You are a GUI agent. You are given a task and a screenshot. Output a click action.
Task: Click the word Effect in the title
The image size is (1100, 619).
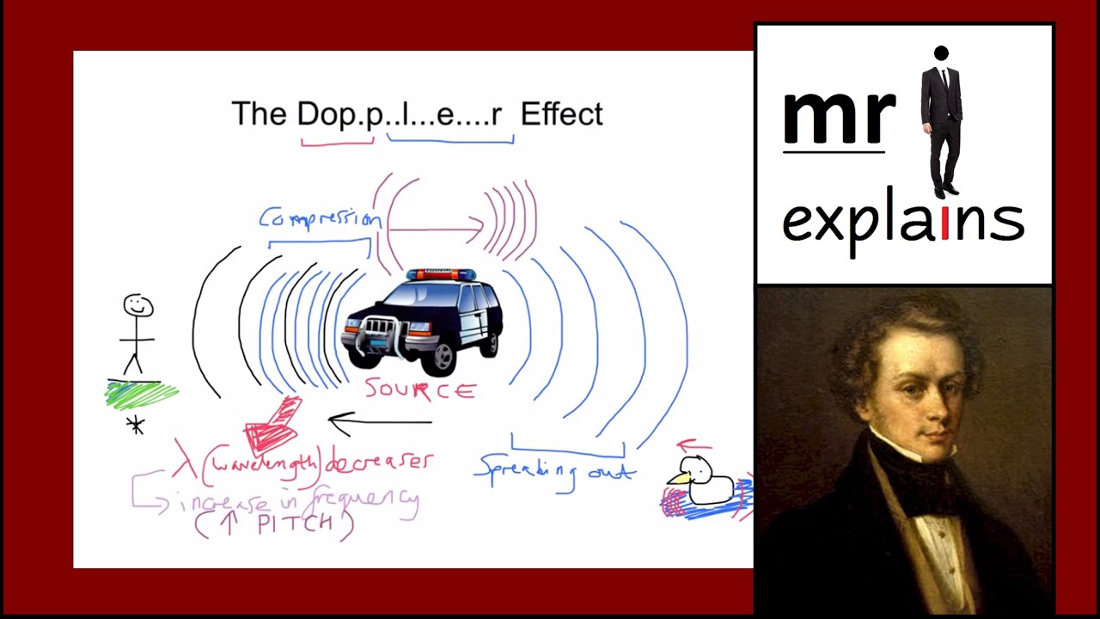coord(561,114)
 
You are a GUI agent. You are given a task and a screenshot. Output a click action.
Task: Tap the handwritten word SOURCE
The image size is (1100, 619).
coord(420,390)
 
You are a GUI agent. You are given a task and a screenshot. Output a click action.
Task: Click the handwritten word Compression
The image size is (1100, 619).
coord(320,218)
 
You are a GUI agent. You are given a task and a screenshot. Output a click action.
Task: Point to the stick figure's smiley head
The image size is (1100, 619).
coord(138,306)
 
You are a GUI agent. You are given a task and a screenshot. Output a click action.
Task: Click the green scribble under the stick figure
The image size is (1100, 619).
coord(140,395)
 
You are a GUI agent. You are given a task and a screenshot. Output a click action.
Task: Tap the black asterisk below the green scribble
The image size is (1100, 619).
coord(135,425)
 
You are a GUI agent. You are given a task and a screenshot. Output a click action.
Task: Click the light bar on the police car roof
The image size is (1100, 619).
coord(441,274)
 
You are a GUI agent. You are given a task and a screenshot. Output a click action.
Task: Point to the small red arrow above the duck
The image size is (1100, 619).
coord(694,446)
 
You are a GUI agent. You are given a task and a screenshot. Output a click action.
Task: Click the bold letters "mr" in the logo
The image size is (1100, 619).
coord(837,118)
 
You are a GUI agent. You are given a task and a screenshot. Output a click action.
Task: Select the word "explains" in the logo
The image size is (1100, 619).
coord(902,221)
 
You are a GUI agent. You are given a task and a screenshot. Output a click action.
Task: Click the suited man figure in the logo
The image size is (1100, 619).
coord(942,120)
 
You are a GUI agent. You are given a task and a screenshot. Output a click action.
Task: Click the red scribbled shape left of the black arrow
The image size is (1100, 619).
coord(272,426)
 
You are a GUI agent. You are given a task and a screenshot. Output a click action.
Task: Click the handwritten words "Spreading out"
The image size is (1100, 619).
coord(554,471)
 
